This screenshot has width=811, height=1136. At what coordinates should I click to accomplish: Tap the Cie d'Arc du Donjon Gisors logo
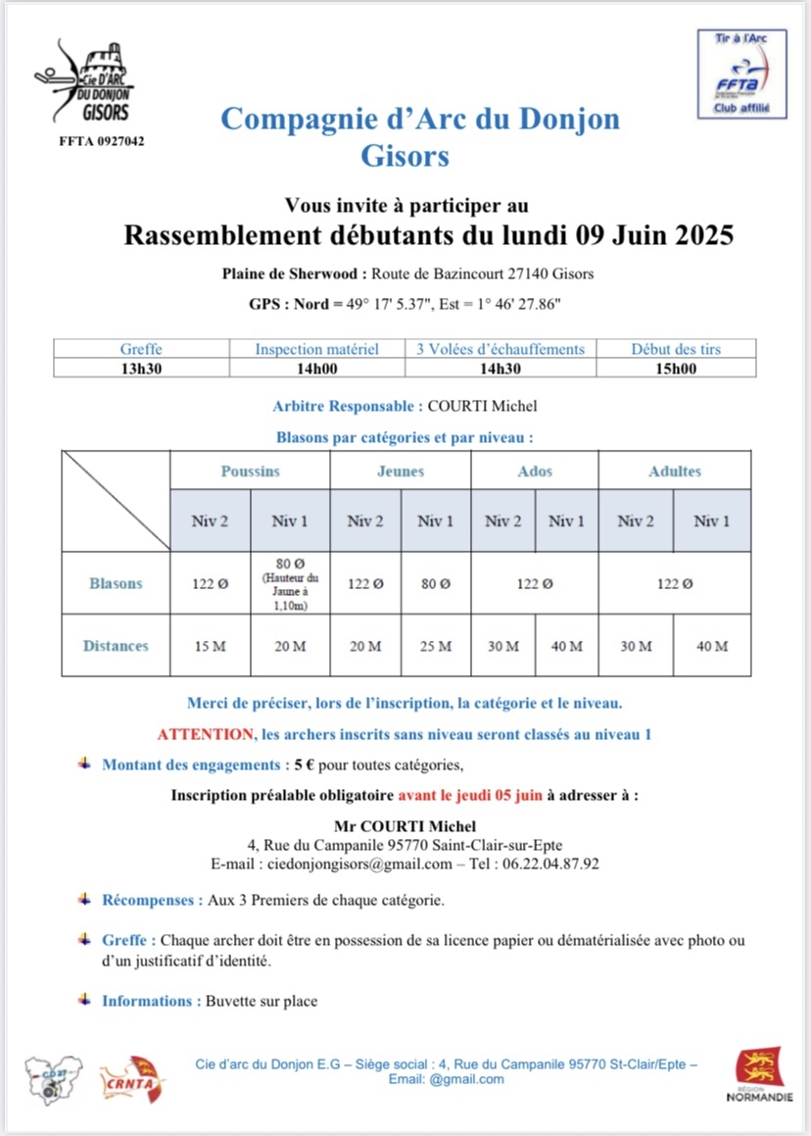tap(84, 83)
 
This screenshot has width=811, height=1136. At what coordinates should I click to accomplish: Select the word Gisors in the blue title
tap(405, 156)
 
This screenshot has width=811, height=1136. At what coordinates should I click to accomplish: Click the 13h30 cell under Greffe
tap(141, 368)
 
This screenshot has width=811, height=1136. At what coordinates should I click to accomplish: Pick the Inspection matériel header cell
tap(316, 349)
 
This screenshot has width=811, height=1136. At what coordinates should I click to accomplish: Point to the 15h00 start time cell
tap(676, 368)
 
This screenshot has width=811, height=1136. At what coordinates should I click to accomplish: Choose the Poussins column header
tap(250, 471)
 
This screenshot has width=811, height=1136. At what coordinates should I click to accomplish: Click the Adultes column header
tap(675, 471)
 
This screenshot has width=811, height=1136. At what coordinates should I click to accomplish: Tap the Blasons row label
tap(116, 583)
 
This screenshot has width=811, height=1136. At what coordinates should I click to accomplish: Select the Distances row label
tap(116, 646)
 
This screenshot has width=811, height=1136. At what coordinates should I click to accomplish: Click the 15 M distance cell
tap(211, 646)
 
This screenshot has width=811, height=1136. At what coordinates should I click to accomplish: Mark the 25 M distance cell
tap(436, 646)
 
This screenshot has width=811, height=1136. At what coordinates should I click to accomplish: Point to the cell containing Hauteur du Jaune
tap(290, 583)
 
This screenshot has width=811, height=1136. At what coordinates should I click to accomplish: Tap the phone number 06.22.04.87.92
tap(550, 864)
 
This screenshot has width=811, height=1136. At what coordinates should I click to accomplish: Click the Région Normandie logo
tap(759, 1075)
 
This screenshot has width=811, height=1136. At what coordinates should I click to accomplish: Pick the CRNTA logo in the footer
tap(131, 1077)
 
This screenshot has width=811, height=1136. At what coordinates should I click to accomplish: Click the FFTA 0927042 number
tap(102, 141)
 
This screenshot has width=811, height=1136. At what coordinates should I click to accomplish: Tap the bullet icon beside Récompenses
tap(86, 898)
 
